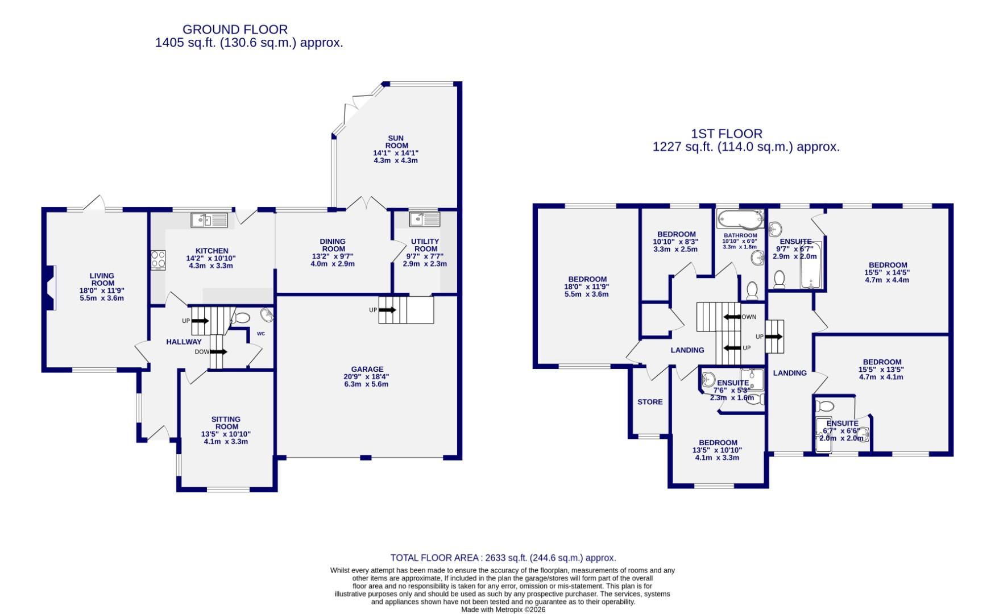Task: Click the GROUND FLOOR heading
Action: pyautogui.click(x=235, y=29)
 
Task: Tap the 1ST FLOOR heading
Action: pyautogui.click(x=727, y=134)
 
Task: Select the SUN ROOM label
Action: pyautogui.click(x=396, y=142)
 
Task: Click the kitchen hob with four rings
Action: pyautogui.click(x=157, y=260)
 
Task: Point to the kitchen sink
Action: pyautogui.click(x=209, y=219)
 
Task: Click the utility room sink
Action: pyautogui.click(x=424, y=219)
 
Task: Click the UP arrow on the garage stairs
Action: pyautogui.click(x=387, y=310)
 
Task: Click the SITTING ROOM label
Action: pyautogui.click(x=226, y=423)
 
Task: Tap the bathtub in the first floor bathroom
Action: pyautogui.click(x=740, y=218)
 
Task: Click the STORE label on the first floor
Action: pyautogui.click(x=650, y=402)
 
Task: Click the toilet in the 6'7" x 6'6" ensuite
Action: pyautogui.click(x=824, y=406)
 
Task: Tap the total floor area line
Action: pyautogui.click(x=503, y=558)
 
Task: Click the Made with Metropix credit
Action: pyautogui.click(x=503, y=609)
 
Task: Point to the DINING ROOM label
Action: pyautogui.click(x=333, y=245)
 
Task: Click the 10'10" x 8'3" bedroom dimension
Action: pyautogui.click(x=676, y=242)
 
